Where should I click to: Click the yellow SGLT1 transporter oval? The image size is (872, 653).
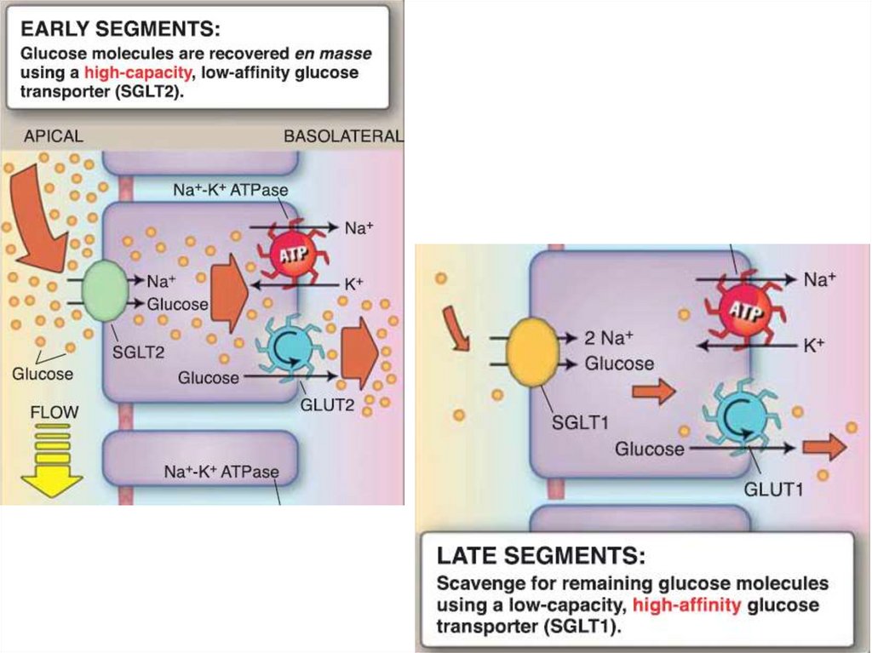pos(531,351)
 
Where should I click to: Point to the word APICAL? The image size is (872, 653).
pos(53,136)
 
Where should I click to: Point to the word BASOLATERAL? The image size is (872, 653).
pos(342,136)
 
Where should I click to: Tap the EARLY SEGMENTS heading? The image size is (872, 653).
pos(120,30)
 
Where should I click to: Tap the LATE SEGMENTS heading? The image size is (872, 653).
pos(541,557)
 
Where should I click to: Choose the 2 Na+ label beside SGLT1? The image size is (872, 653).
pos(610,337)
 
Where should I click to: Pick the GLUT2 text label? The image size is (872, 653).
pos(327,405)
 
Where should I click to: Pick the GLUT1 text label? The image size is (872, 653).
pos(773,490)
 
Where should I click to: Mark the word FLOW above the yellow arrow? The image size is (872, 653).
pos(54,412)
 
